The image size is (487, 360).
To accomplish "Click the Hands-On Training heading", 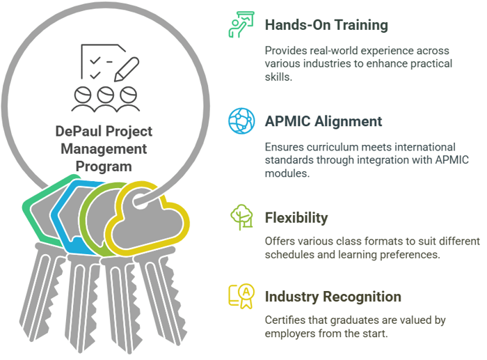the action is click(326, 25).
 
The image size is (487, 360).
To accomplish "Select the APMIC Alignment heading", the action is click(324, 121).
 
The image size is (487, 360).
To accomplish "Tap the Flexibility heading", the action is click(296, 218).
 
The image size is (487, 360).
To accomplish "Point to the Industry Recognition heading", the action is click(333, 297).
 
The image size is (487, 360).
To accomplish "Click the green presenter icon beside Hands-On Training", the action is click(241, 24).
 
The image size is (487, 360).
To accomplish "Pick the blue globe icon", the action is click(241, 121).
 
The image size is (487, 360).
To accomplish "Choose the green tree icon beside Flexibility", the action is click(241, 217).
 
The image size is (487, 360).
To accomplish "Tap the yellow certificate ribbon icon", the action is click(241, 296).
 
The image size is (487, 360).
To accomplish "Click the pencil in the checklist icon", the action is click(127, 69).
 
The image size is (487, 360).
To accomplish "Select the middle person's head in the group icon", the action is click(106, 94).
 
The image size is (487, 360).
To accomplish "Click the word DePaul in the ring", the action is click(77, 131).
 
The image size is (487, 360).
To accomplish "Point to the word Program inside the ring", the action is click(104, 166).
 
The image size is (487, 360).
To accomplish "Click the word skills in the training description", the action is click(278, 77).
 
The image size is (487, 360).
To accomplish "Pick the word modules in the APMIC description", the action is click(287, 173).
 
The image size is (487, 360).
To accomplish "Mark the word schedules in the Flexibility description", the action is click(289, 255).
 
